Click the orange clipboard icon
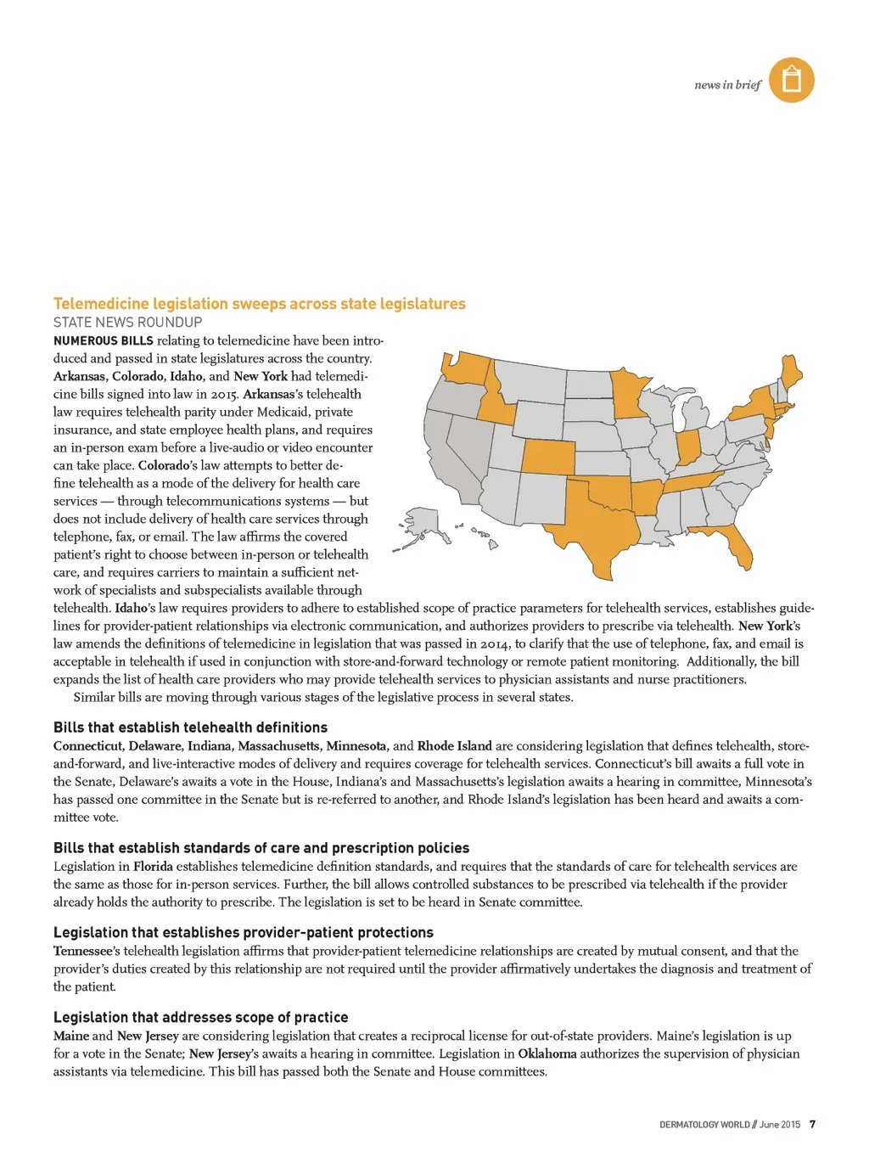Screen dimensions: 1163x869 [791, 80]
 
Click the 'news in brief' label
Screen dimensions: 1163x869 [727, 85]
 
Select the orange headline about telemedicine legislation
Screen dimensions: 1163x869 [259, 304]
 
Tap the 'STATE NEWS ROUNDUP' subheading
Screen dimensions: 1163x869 [127, 323]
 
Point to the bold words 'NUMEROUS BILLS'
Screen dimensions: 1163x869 [103, 340]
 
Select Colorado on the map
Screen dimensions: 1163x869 [547, 457]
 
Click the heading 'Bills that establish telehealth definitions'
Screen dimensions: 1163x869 [190, 728]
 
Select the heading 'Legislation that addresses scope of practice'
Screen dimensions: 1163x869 [200, 1017]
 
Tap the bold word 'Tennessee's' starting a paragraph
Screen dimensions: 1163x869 [87, 951]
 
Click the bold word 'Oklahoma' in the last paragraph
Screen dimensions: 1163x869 [547, 1053]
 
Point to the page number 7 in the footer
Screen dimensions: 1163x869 [812, 1124]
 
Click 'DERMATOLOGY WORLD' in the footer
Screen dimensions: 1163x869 [704, 1125]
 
